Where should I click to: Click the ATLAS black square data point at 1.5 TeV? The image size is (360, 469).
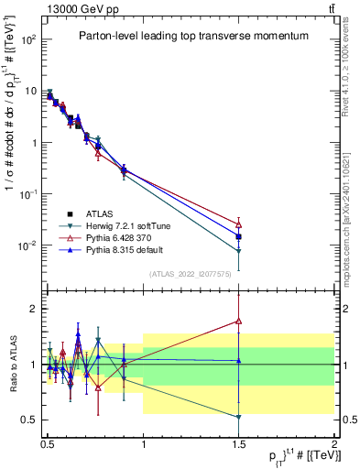[x=239, y=236]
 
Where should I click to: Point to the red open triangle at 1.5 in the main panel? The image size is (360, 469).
[x=239, y=224]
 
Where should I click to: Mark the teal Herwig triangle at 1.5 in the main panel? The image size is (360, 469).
[x=239, y=251]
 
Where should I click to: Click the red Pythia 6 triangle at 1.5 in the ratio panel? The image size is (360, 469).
[x=239, y=322]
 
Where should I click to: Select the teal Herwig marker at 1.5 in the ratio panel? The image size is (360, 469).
[x=239, y=418]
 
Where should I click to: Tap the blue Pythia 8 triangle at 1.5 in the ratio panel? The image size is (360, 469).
[x=239, y=360]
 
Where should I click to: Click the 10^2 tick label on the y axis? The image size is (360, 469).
[x=29, y=40]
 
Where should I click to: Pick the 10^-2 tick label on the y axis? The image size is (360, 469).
[x=29, y=245]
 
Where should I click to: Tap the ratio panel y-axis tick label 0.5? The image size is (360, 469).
[x=30, y=420]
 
